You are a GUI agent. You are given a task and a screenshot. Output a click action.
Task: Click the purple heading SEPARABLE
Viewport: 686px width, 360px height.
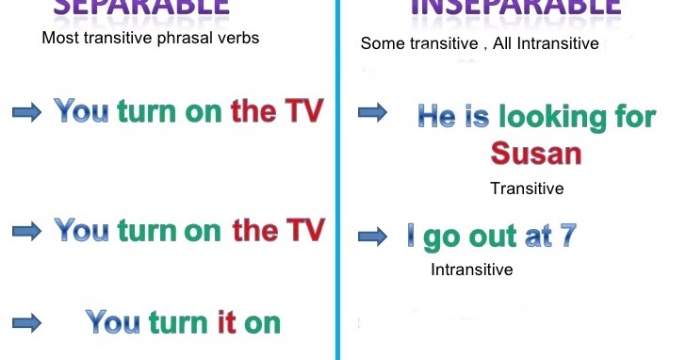[140, 8]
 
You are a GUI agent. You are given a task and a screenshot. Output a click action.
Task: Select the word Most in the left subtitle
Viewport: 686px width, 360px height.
[59, 39]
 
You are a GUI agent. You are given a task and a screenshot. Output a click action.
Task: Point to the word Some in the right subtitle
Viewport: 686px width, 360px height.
[379, 43]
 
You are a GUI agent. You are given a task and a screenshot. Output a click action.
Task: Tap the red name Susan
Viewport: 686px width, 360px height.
[536, 154]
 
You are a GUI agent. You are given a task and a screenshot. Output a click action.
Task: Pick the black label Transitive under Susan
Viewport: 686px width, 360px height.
[527, 188]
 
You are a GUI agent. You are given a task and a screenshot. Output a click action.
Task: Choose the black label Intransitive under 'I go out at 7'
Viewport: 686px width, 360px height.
[472, 270]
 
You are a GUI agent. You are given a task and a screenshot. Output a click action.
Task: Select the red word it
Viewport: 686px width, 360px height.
[226, 322]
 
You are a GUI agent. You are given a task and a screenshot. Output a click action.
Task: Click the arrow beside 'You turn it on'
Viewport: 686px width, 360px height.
[27, 322]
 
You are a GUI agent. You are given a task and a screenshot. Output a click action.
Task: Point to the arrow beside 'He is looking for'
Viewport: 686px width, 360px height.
[373, 113]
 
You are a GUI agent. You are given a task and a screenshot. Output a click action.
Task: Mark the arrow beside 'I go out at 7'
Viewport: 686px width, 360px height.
[373, 236]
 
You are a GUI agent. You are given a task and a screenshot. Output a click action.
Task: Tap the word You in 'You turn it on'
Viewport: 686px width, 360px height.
[114, 322]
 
